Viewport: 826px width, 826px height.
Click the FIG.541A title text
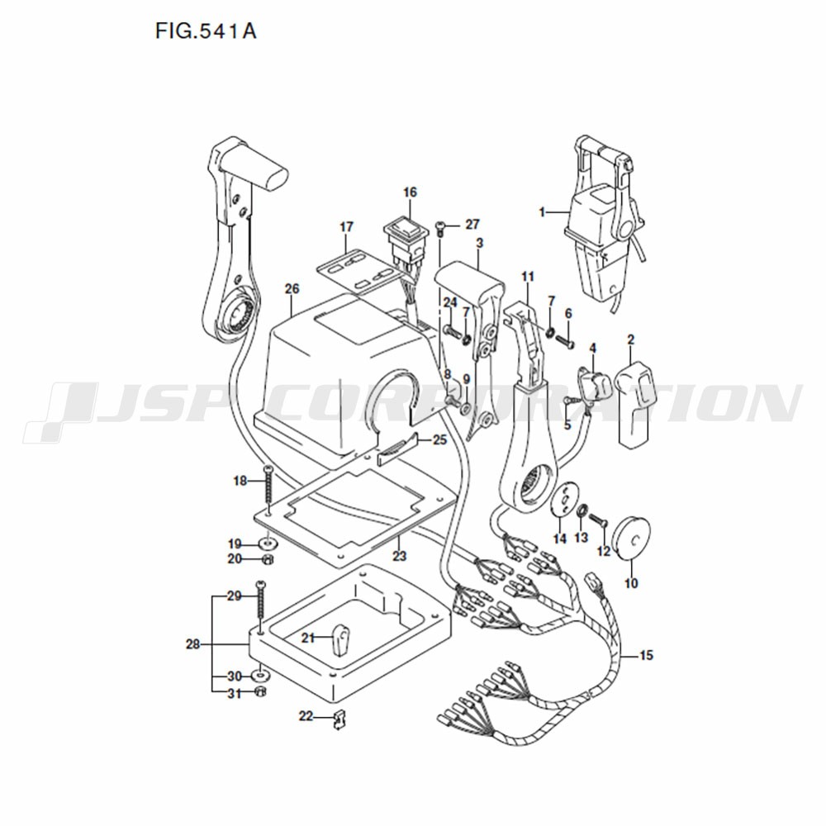point(206,31)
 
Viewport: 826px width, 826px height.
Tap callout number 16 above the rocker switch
point(410,192)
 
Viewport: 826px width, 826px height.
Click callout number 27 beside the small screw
point(472,225)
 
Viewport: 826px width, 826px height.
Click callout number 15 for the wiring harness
point(647,655)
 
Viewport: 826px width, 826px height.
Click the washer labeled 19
point(268,544)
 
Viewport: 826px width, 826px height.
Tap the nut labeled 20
point(268,559)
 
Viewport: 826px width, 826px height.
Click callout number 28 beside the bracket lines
point(193,643)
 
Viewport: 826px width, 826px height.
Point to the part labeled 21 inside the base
point(341,638)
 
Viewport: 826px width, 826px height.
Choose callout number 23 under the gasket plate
point(399,556)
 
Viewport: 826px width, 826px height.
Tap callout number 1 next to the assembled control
point(542,212)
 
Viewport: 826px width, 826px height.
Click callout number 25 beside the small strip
point(440,439)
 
